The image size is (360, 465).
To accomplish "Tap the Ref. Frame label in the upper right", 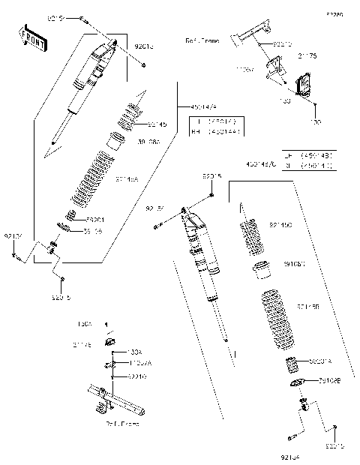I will pyautogui.click(x=202, y=41).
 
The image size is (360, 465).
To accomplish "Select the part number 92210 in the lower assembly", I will pyautogui.click(x=138, y=375).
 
